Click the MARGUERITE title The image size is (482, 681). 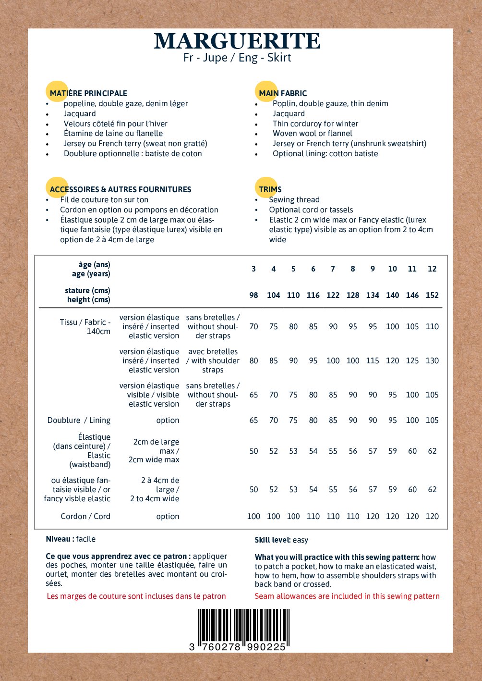pos(237,41)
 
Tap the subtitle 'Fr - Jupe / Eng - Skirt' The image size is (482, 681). pos(237,58)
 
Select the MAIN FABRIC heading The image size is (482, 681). pos(283,93)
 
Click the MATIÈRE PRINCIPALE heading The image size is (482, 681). pos(88,93)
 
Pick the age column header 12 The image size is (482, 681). pos(432,269)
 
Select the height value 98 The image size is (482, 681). pos(253,295)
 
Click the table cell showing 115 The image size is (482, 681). pos(373,360)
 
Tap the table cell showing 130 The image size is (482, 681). pos(432,360)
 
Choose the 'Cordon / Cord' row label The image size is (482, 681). pos(85,516)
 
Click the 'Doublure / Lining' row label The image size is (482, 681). pos(79,420)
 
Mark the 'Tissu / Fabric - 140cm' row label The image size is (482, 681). pos(85,326)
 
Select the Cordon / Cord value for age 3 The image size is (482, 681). pos(253,516)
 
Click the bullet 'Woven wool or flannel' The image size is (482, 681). pos(313,134)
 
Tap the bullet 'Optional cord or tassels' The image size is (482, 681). pos(311,210)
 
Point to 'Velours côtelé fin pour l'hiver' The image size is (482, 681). pos(116,124)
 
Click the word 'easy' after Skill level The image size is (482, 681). pos(300,540)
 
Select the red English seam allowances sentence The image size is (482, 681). pos(347,596)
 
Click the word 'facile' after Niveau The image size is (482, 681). pos(85,539)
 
